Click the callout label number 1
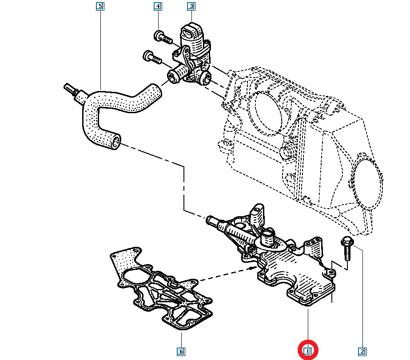click(x=307, y=352)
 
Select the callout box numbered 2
click(x=362, y=352)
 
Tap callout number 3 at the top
click(x=191, y=6)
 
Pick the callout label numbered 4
click(x=158, y=6)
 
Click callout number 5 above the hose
click(x=100, y=6)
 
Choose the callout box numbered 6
click(x=181, y=352)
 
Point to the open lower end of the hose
click(x=116, y=142)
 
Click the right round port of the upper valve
click(x=205, y=79)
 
